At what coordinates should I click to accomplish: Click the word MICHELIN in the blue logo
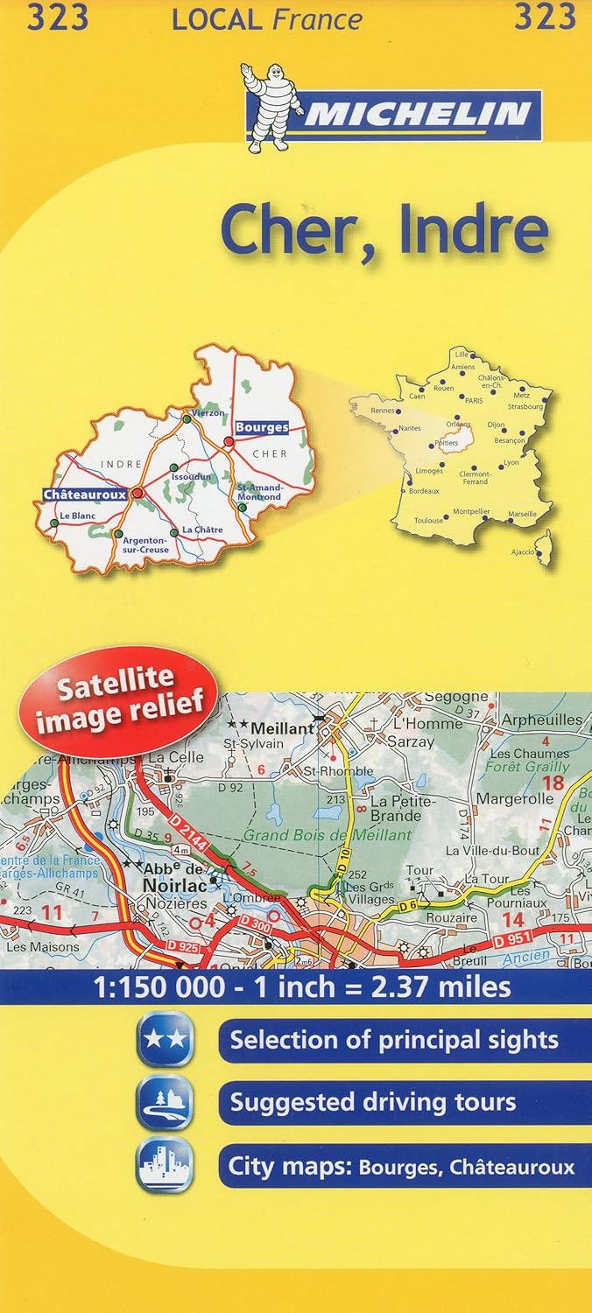[416, 114]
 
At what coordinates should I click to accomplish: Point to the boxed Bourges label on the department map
[261, 427]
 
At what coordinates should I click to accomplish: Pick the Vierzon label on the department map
[208, 412]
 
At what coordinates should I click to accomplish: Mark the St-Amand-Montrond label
[259, 492]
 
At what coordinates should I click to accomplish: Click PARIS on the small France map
[474, 400]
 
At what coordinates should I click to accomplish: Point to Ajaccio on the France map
[524, 552]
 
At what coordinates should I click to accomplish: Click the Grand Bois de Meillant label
[328, 835]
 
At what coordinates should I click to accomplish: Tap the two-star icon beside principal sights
[165, 1040]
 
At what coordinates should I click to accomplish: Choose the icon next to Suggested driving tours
[165, 1103]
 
